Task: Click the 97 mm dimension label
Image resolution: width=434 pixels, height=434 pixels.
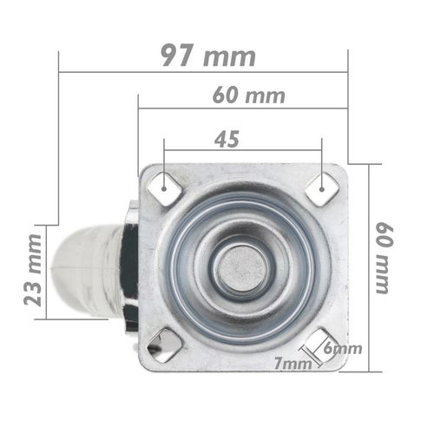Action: pos(208,56)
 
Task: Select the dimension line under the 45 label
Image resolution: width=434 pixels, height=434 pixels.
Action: pos(242,151)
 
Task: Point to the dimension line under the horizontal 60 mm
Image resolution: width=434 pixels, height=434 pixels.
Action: pos(242,109)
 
